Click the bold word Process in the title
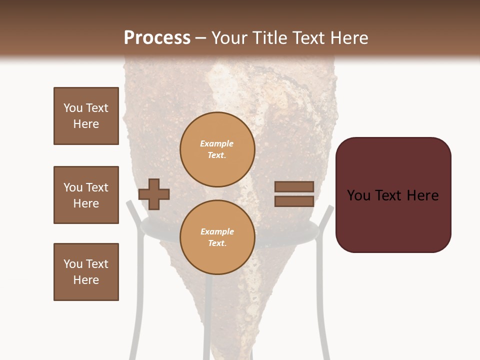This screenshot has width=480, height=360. tap(157, 38)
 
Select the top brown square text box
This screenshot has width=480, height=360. tap(86, 116)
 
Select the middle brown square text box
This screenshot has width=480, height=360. tap(86, 195)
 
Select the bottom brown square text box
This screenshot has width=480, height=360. tap(86, 272)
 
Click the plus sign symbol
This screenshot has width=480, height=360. tap(154, 193)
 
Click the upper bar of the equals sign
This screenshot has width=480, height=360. tap(294, 186)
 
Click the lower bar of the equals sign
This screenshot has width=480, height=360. tap(294, 201)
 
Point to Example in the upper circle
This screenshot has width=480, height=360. tap(216, 143)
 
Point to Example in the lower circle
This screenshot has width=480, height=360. tap(217, 231)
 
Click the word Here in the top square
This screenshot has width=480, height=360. tap(86, 124)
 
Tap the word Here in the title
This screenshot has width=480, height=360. tap(348, 38)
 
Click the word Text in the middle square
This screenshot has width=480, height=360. tap(97, 187)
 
